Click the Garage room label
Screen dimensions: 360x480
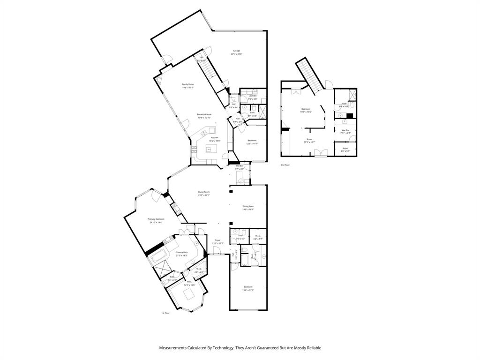click(236, 51)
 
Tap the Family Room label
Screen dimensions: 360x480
click(188, 84)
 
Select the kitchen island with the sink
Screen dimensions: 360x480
click(211, 150)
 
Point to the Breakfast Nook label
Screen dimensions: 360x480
click(204, 114)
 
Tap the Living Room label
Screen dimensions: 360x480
click(203, 192)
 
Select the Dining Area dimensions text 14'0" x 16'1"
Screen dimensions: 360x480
click(248, 210)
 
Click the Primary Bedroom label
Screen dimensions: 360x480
click(156, 219)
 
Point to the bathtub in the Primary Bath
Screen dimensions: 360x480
click(158, 256)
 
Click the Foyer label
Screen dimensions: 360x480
click(217, 240)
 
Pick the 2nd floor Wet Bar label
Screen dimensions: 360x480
click(345, 130)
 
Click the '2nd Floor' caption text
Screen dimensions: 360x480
click(285, 165)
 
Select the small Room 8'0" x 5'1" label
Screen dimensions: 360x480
click(345, 149)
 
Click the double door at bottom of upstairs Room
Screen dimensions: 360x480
click(321, 152)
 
